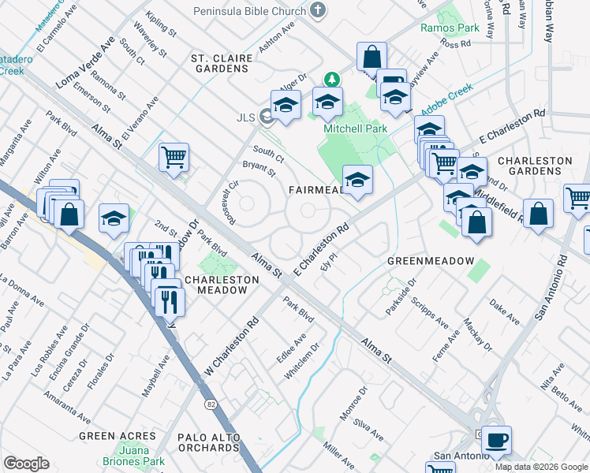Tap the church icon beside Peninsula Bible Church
(x=318, y=11)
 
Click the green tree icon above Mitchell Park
(x=333, y=79)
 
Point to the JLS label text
(x=246, y=118)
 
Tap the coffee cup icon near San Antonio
(x=495, y=440)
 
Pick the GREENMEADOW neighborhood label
(x=429, y=261)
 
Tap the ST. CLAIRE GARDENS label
(x=222, y=63)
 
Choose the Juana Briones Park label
(x=133, y=456)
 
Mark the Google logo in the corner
(x=26, y=464)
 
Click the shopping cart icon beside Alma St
(x=174, y=156)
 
